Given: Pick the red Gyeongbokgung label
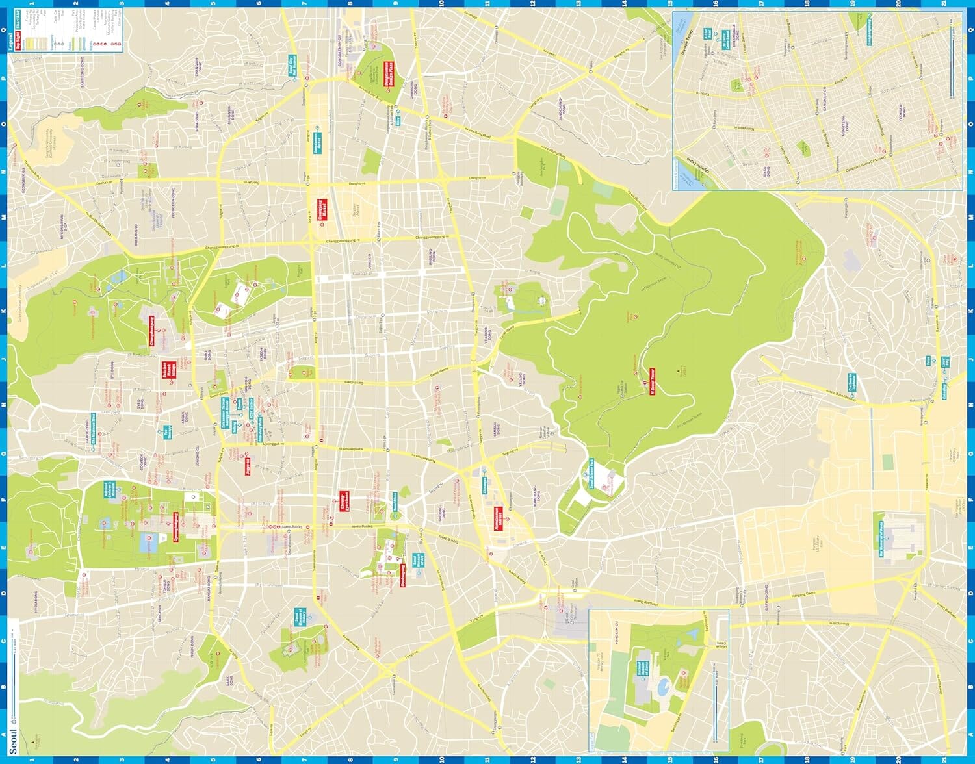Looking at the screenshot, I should click(175, 526).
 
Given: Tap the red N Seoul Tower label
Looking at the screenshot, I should click(652, 382).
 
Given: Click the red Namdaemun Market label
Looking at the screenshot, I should click(499, 520).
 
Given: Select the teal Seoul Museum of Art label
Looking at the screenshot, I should click(413, 560).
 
